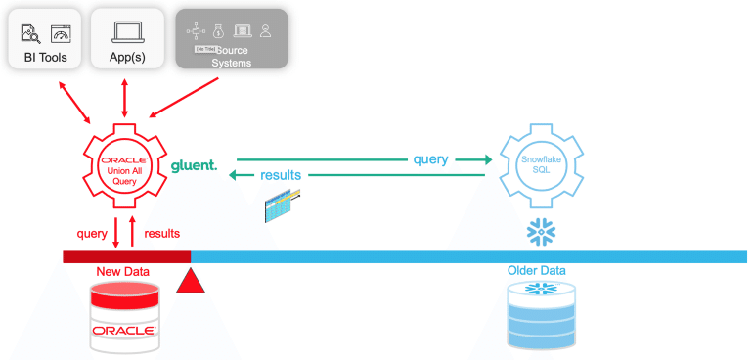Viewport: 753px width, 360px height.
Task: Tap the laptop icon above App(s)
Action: point(127,32)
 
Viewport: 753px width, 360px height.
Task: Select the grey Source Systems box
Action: point(232,39)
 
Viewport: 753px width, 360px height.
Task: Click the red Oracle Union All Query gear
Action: point(124,166)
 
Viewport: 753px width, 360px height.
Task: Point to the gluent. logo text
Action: point(194,165)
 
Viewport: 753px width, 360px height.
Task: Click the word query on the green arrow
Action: point(430,158)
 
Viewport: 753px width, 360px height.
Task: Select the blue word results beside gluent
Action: point(281,175)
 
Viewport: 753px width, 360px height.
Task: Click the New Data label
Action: point(123,271)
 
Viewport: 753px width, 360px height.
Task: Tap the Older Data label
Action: point(536,270)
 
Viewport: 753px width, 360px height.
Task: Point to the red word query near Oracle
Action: point(92,234)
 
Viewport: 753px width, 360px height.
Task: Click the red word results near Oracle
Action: point(161,234)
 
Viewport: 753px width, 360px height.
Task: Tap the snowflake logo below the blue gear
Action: point(541,232)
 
